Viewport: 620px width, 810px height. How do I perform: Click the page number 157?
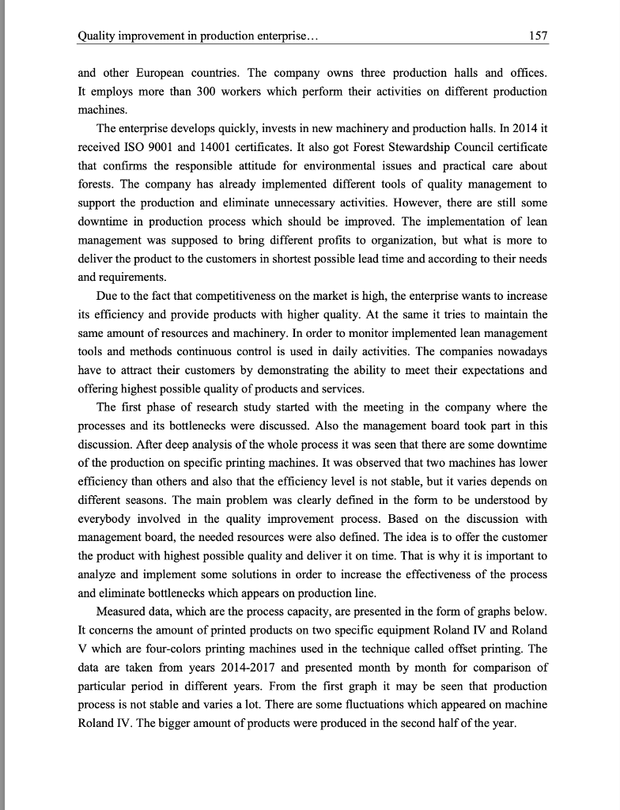[538, 36]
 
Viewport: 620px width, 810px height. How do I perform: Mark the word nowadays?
[522, 351]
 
